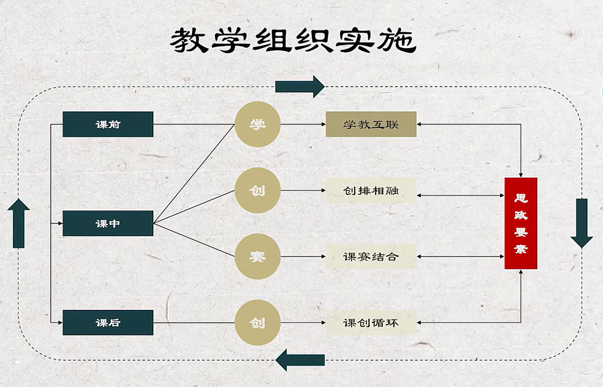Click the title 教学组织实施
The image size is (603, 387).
pyautogui.click(x=293, y=40)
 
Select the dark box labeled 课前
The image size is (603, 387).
pyautogui.click(x=108, y=124)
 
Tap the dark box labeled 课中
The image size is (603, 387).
pyautogui.click(x=108, y=223)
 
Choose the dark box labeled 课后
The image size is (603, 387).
pyautogui.click(x=108, y=323)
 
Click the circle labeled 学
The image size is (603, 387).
pyautogui.click(x=257, y=124)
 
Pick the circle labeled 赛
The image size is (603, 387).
pyautogui.click(x=257, y=257)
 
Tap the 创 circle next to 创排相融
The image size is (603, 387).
pyautogui.click(x=257, y=191)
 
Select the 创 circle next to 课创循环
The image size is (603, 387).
pyautogui.click(x=257, y=323)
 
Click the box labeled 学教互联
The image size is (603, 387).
pyautogui.click(x=371, y=124)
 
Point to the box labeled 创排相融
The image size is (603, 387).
pyautogui.click(x=371, y=191)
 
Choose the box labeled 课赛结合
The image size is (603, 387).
pyautogui.click(x=371, y=257)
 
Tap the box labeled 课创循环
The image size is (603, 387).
pyautogui.click(x=371, y=323)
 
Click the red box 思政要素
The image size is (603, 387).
pyautogui.click(x=521, y=223)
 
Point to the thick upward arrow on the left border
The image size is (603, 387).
pyautogui.click(x=19, y=223)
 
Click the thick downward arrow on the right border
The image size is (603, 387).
pyautogui.click(x=582, y=223)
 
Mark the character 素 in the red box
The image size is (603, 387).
pyautogui.click(x=521, y=249)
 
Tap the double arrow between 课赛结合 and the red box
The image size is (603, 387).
pyautogui.click(x=460, y=257)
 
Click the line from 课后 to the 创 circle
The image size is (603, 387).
pyautogui.click(x=194, y=323)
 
